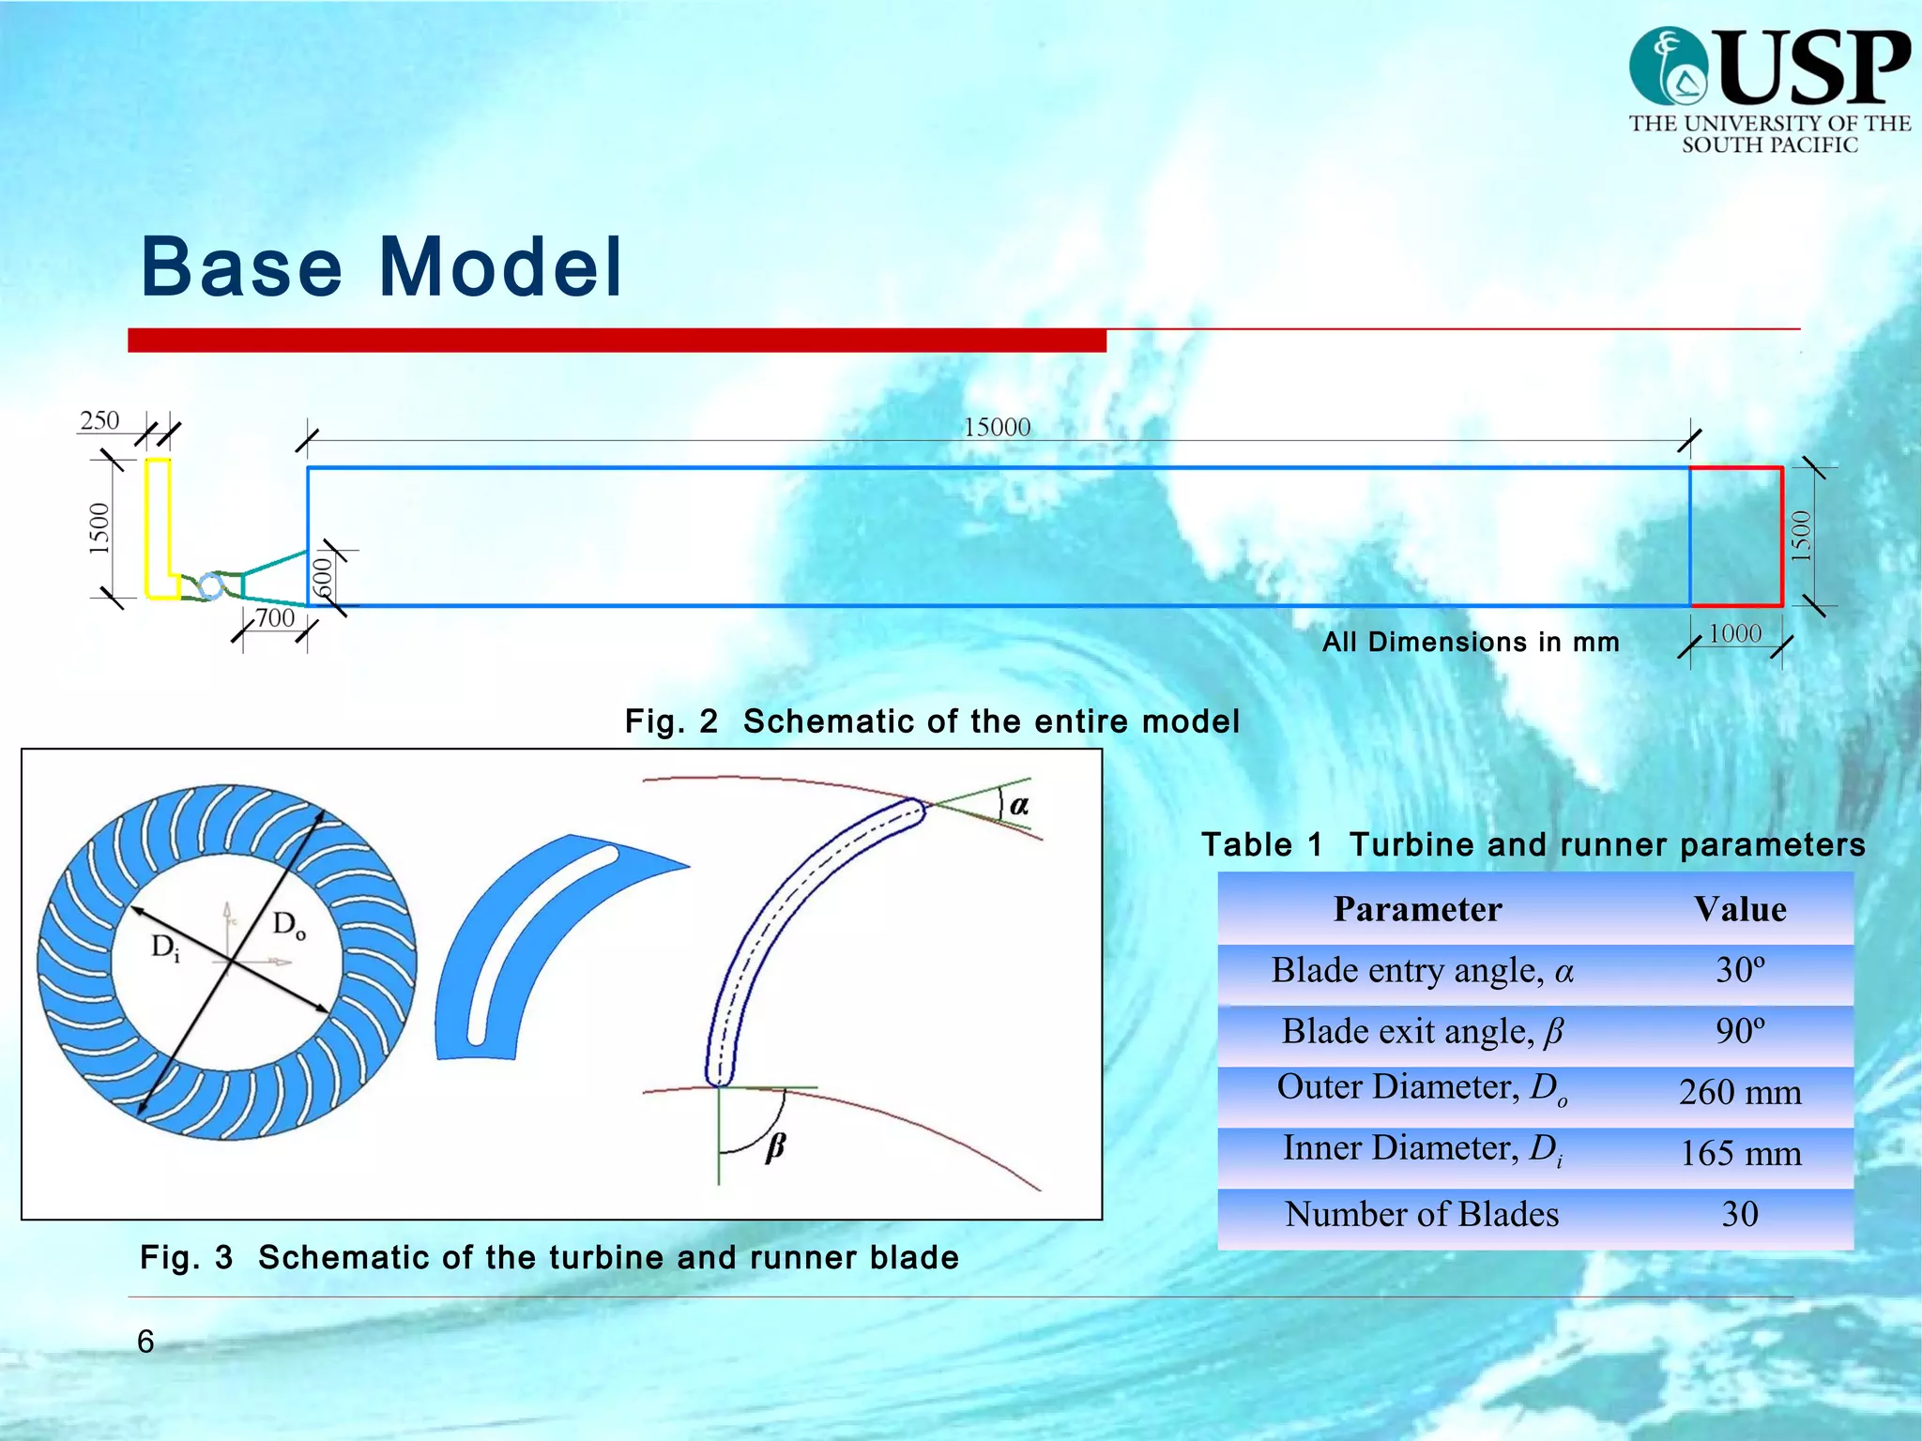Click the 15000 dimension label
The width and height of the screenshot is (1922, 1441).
[x=997, y=428]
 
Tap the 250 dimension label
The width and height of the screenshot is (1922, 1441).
[x=99, y=420]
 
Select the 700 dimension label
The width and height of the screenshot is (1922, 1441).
[x=275, y=618]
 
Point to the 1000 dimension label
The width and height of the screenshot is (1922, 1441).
[x=1734, y=634]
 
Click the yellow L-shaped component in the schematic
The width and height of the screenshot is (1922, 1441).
[x=158, y=525]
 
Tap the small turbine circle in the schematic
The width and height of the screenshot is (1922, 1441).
[x=212, y=587]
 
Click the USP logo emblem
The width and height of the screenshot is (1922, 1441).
[x=1668, y=66]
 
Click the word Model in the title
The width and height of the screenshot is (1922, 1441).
[x=500, y=267]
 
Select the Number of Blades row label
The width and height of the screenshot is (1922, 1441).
[x=1421, y=1215]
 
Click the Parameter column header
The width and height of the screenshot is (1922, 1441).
[x=1417, y=909]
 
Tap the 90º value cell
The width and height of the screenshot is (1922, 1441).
[x=1740, y=1032]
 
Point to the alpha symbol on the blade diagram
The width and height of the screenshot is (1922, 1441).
[x=1019, y=805]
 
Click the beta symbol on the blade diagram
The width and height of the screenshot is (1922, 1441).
[x=775, y=1146]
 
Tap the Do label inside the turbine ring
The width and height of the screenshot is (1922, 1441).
[x=288, y=926]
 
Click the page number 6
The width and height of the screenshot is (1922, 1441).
[x=145, y=1342]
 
